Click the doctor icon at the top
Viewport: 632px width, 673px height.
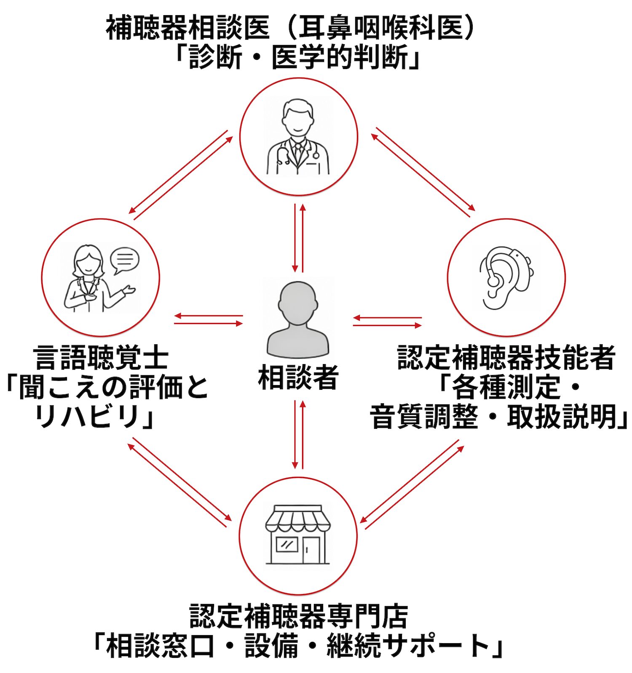click(298, 137)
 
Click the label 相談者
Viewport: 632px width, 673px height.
click(298, 377)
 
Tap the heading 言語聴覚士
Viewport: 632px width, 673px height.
click(101, 358)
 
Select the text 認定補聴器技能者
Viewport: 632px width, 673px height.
click(506, 357)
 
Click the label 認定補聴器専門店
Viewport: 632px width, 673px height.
click(298, 616)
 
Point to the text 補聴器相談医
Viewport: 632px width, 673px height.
click(187, 29)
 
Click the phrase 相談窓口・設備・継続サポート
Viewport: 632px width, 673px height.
click(298, 646)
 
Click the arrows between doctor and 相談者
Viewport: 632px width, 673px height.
click(298, 238)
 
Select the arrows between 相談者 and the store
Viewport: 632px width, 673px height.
click(298, 434)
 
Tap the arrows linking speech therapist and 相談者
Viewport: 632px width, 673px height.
click(209, 319)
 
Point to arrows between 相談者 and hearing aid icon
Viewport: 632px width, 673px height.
click(387, 322)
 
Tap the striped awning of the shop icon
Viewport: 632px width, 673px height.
click(298, 520)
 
